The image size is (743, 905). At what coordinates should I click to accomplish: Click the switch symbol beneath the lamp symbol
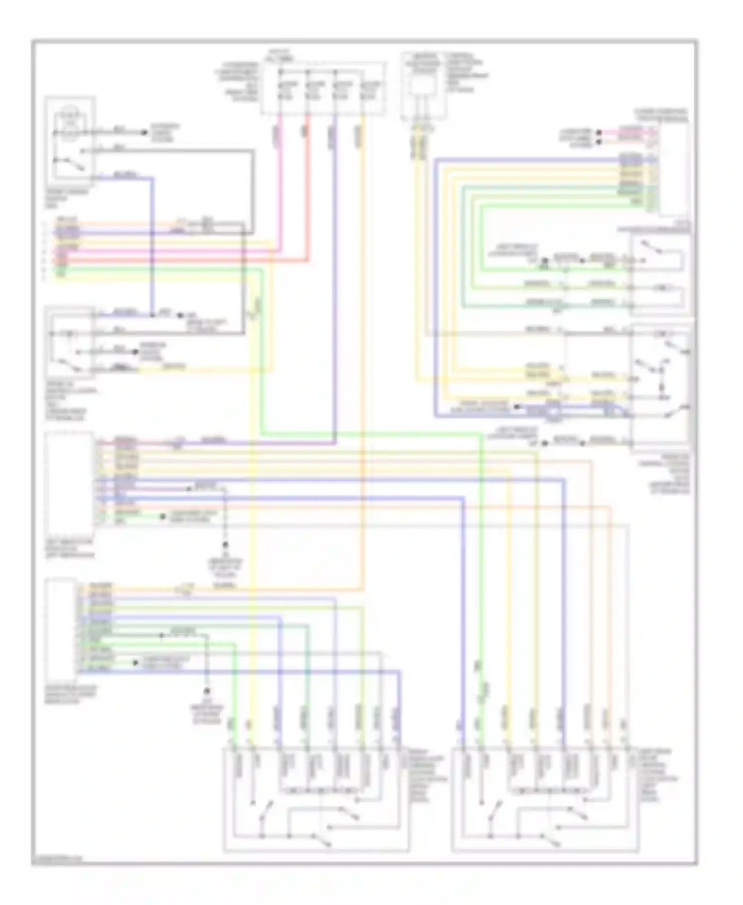pos(69,163)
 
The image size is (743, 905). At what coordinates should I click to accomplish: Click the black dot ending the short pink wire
pos(599,133)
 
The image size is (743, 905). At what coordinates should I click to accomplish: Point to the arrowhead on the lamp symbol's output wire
pos(144,133)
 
